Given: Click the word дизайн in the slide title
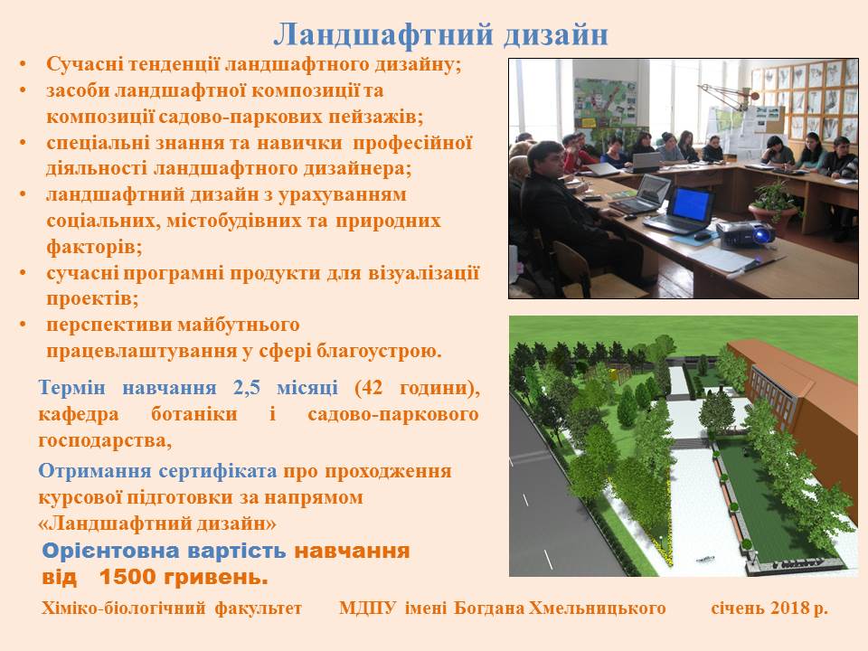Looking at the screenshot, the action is pyautogui.click(x=556, y=35).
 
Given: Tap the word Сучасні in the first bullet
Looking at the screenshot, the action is pyautogui.click(x=82, y=64).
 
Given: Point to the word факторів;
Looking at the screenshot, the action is pyautogui.click(x=94, y=246).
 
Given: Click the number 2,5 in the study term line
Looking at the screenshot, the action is pyautogui.click(x=247, y=388).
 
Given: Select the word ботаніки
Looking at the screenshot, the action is pyautogui.click(x=194, y=413).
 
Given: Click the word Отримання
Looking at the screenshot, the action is pyautogui.click(x=95, y=471).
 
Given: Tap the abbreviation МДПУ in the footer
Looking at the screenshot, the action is pyautogui.click(x=368, y=608).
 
